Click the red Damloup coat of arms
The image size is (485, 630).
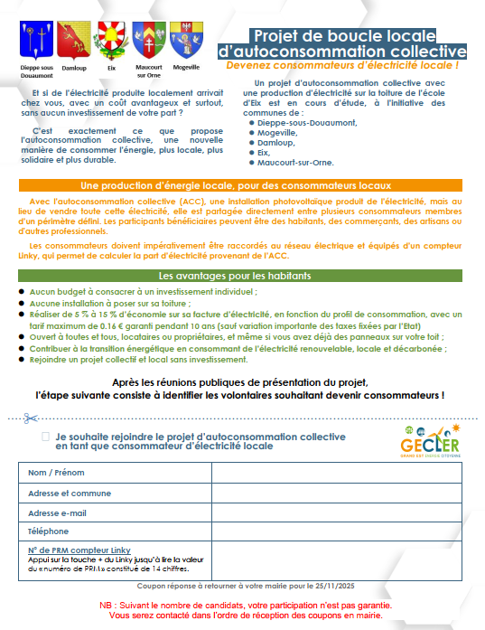point(73,41)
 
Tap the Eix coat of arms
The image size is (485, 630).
point(111,41)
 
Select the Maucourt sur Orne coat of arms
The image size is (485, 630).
point(148,41)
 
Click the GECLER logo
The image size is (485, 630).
point(429,443)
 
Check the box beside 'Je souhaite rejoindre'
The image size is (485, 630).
point(45,437)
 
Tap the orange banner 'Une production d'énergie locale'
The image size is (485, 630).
point(241,184)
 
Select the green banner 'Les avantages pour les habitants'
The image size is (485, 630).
point(241,275)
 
